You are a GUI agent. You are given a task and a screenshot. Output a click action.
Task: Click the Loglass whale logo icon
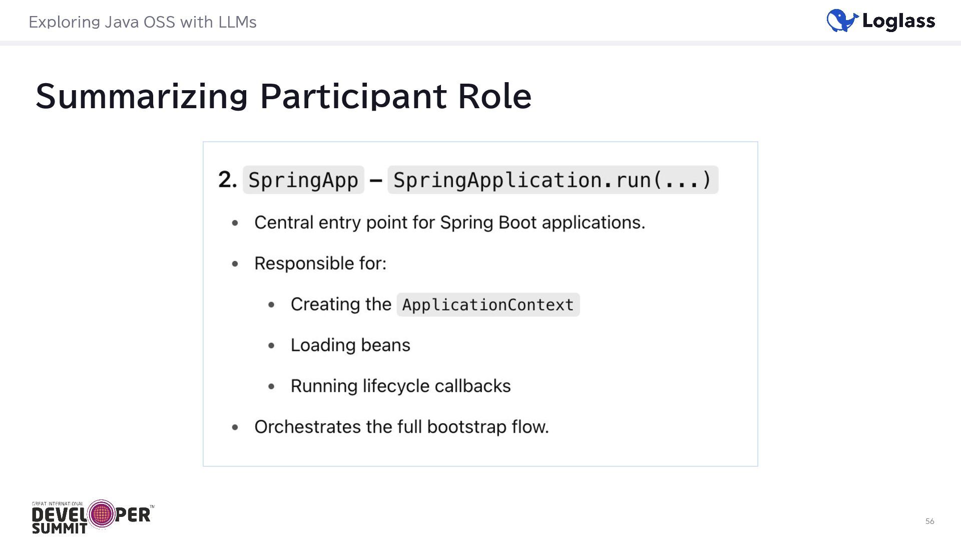pos(842,21)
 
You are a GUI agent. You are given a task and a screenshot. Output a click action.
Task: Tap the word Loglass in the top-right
pos(898,22)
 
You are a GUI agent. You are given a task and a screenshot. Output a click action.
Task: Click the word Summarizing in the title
pos(142,96)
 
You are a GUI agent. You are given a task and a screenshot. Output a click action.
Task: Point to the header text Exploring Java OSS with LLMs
pos(143,22)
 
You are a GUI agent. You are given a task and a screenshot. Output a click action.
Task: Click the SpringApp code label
pos(303,180)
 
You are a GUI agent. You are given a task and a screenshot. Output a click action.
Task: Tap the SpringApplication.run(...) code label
pos(553,180)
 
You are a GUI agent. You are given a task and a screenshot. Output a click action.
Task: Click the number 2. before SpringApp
pos(227,179)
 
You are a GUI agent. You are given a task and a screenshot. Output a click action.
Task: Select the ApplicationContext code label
pos(488,305)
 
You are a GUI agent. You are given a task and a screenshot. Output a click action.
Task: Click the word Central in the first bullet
pos(283,222)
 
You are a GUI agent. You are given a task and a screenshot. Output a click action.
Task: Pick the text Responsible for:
pos(320,263)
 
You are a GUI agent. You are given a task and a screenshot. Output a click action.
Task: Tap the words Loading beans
pos(350,345)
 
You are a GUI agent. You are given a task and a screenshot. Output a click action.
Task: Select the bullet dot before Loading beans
pos(271,345)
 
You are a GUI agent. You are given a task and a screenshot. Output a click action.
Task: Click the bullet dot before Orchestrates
pos(235,427)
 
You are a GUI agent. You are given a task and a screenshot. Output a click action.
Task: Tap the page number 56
pos(929,521)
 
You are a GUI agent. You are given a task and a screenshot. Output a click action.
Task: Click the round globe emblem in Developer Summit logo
pos(102,514)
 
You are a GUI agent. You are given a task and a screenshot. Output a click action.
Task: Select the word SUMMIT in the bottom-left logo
pos(59,528)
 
